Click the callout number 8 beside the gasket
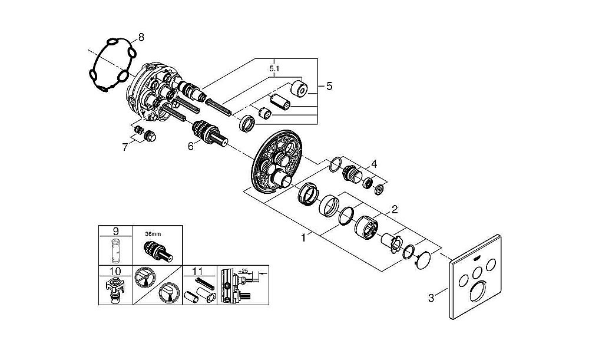[x=141, y=37]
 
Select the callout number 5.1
[x=274, y=69]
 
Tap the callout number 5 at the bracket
[x=329, y=86]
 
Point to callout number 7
[x=125, y=147]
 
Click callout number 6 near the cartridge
[x=191, y=146]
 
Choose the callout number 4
[x=374, y=164]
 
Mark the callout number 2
[x=395, y=209]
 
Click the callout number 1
[x=303, y=237]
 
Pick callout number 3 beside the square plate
[x=431, y=298]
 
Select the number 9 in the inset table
[x=115, y=231]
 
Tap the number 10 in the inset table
[x=115, y=271]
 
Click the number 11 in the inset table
[x=197, y=271]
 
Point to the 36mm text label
[x=153, y=234]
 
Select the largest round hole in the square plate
[x=478, y=291]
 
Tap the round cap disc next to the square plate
[x=423, y=259]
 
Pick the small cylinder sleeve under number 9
[x=115, y=251]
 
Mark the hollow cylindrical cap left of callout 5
[x=300, y=89]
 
